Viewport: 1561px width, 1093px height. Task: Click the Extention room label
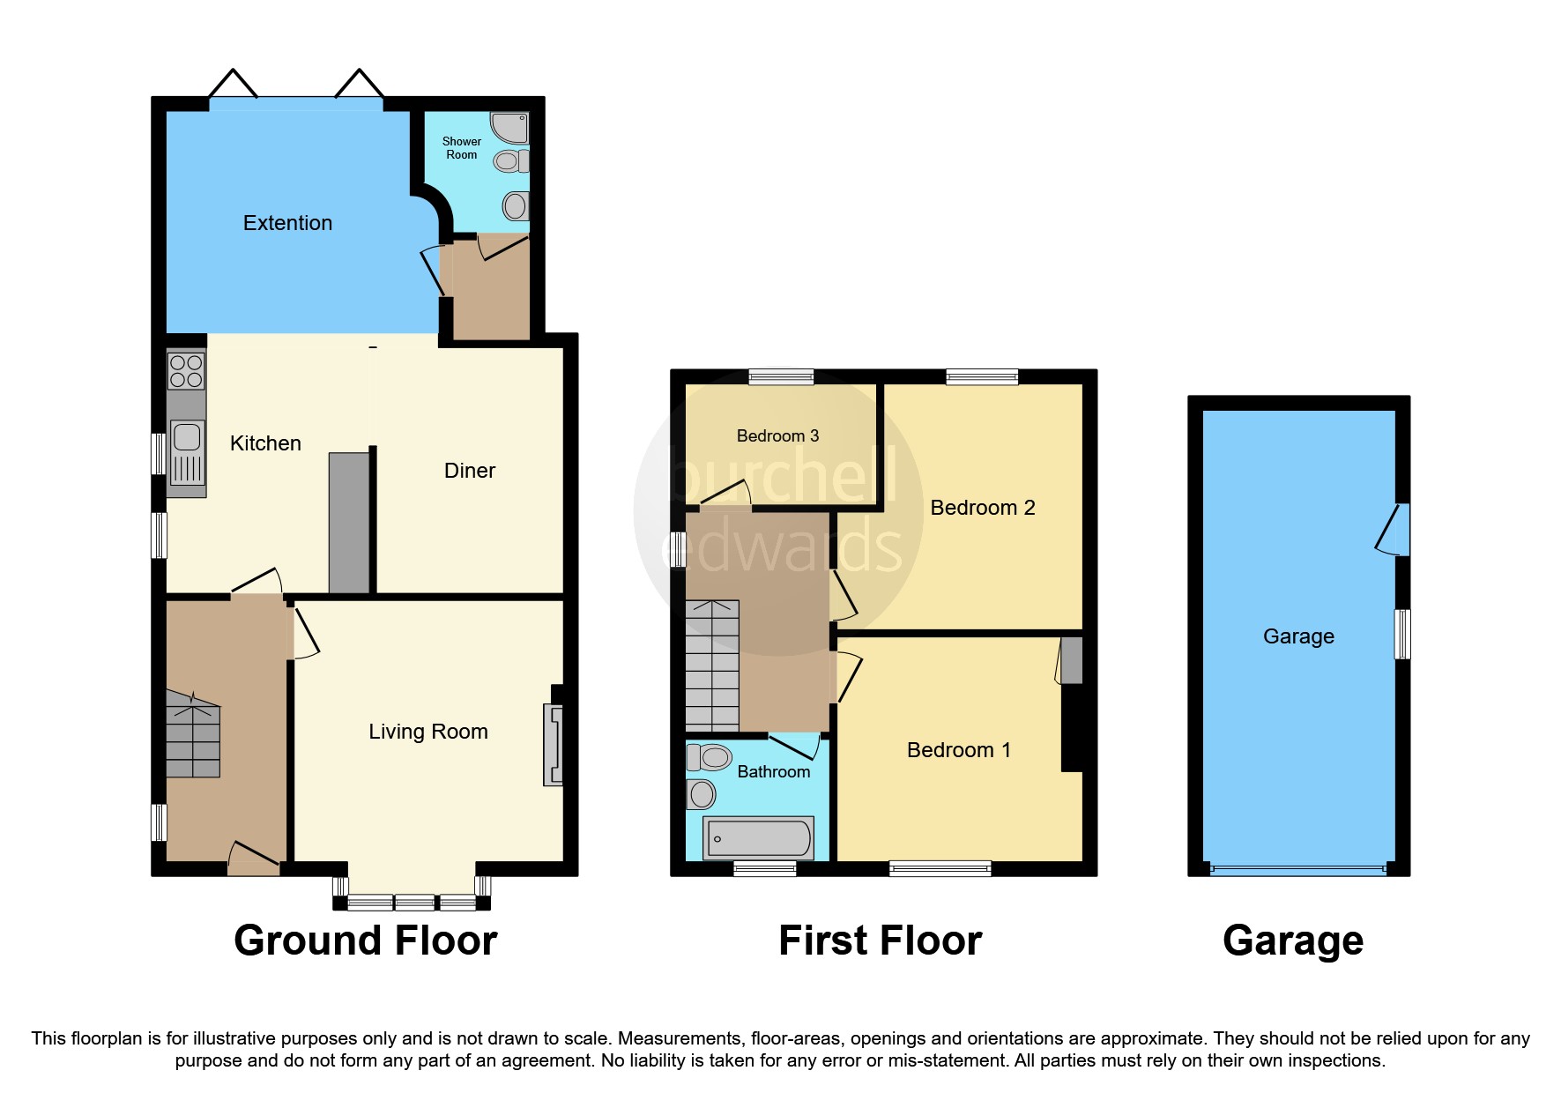pyautogui.click(x=287, y=223)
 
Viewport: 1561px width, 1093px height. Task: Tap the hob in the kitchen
pyautogui.click(x=186, y=371)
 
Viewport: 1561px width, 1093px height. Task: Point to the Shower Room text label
pyautogui.click(x=462, y=148)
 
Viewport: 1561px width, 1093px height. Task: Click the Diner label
pyautogui.click(x=470, y=471)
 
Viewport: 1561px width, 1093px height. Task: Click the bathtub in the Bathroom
pyautogui.click(x=759, y=837)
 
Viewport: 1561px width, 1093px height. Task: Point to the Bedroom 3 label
pyautogui.click(x=777, y=435)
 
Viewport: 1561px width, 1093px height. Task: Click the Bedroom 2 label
pyautogui.click(x=982, y=508)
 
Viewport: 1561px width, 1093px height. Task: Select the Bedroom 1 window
pyautogui.click(x=940, y=869)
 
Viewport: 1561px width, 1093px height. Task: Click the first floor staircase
pyautogui.click(x=712, y=665)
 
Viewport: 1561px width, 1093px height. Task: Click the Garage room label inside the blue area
pyautogui.click(x=1298, y=636)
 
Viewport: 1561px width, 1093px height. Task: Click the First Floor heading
pyautogui.click(x=880, y=941)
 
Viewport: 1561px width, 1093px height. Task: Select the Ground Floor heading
pyautogui.click(x=365, y=941)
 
